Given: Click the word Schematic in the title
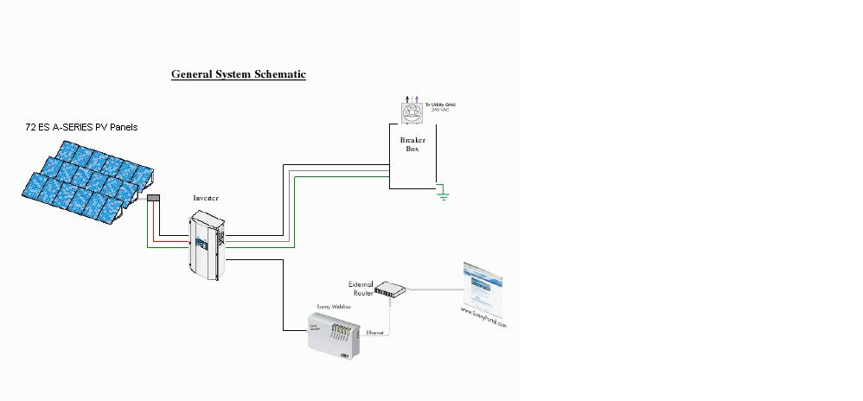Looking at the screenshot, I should [278, 74].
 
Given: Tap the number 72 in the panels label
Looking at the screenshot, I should [30, 127].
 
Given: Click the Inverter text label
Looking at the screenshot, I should [206, 198].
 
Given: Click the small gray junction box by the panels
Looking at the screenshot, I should [154, 199].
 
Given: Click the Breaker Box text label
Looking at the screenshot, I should [412, 144].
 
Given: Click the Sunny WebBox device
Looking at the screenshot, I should [333, 331].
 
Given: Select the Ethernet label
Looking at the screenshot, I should [375, 333].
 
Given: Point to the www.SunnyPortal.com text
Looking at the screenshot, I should [483, 317].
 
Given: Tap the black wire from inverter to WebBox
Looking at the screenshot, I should [283, 294].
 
